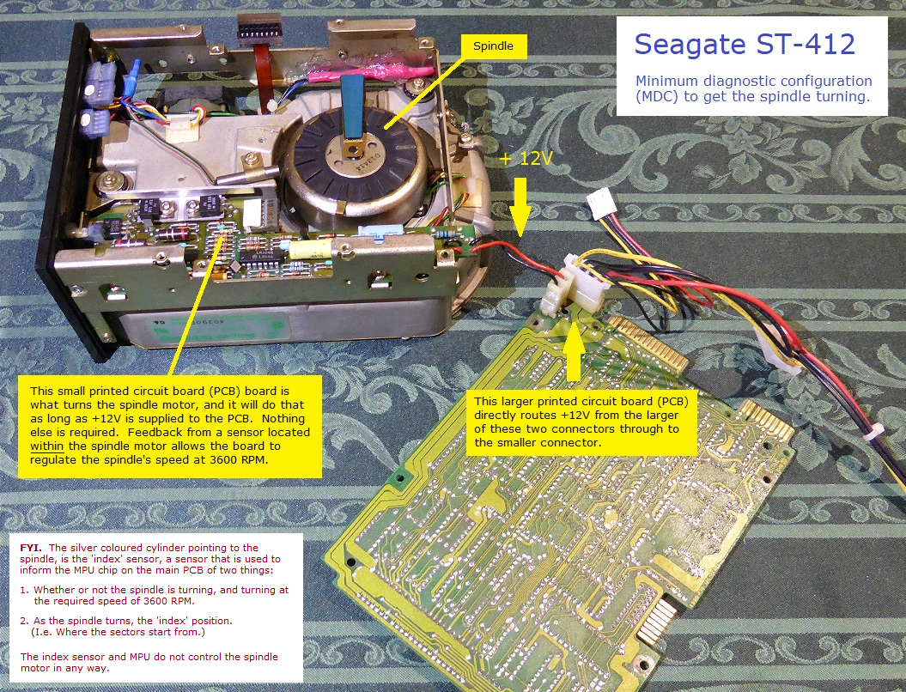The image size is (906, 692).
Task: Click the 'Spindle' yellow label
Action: click(494, 46)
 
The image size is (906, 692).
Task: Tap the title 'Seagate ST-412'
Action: click(745, 44)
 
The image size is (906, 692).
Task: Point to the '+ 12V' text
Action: click(526, 158)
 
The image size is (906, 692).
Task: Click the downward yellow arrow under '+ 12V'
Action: click(520, 206)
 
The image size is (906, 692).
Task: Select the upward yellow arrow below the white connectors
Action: click(573, 351)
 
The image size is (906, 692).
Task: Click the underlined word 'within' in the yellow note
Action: click(47, 446)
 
